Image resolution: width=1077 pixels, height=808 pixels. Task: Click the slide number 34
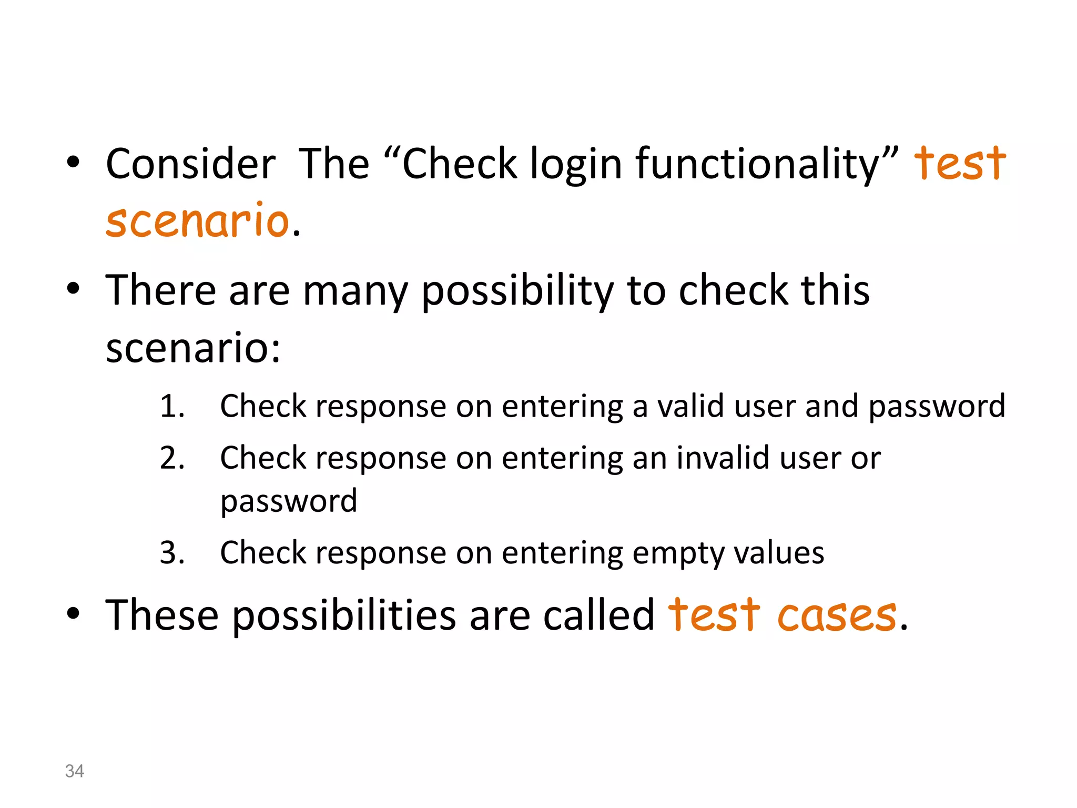coord(74,771)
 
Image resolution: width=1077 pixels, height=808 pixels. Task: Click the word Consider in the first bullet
coord(190,164)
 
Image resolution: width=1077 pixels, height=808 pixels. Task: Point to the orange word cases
coord(837,615)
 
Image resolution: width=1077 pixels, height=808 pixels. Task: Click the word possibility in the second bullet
coord(517,291)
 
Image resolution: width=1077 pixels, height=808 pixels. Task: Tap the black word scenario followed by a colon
coord(192,348)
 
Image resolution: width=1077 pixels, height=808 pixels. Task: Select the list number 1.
coord(172,407)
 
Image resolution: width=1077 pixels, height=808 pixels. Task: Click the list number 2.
coord(172,458)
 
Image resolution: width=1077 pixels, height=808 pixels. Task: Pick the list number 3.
coord(172,553)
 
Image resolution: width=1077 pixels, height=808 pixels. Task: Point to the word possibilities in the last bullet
coord(344,616)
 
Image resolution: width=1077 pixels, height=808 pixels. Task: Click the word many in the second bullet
coord(355,291)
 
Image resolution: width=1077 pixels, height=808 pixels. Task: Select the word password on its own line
coord(289,501)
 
